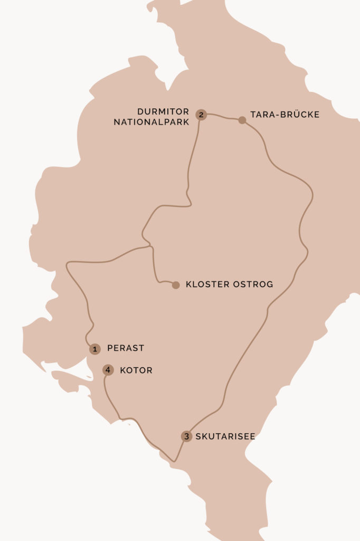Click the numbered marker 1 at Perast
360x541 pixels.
tap(94, 349)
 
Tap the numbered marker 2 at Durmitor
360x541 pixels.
tap(201, 115)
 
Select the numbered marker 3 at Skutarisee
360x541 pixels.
tap(186, 436)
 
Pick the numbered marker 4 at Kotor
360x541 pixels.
tap(108, 370)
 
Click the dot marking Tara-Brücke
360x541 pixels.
tap(242, 120)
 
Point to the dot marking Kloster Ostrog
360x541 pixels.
tap(176, 285)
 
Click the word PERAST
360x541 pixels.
tap(126, 349)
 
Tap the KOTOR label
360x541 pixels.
tap(136, 370)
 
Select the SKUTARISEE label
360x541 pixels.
tap(225, 437)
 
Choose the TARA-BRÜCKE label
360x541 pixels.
tap(285, 115)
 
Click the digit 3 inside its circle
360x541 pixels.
tap(186, 436)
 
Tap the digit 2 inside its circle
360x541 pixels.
tap(201, 115)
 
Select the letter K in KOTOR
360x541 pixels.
tap(122, 370)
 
